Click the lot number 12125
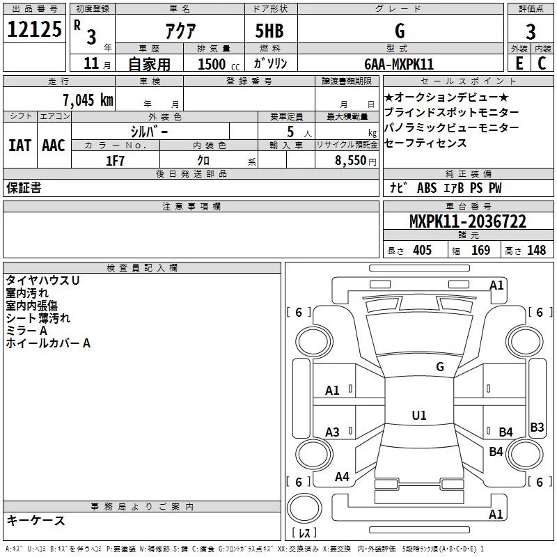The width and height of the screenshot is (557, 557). click(34, 29)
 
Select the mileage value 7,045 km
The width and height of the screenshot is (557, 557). click(88, 100)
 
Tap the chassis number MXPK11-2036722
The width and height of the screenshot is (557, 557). click(468, 221)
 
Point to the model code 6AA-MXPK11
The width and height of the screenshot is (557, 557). click(399, 64)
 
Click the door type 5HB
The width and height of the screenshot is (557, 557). click(269, 31)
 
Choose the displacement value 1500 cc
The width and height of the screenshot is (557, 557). click(219, 64)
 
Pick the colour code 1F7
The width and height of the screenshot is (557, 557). click(115, 161)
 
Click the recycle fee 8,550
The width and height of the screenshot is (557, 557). click(351, 161)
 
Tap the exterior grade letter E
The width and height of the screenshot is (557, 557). click(519, 63)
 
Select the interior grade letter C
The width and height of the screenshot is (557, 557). click(542, 63)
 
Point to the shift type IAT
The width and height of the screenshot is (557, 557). click(20, 146)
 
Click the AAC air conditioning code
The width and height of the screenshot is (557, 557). click(54, 146)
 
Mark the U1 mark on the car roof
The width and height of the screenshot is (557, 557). click(419, 415)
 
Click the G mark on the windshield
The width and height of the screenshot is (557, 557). click(440, 367)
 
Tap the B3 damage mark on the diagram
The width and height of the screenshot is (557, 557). click(537, 427)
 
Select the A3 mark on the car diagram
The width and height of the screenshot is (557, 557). click(332, 432)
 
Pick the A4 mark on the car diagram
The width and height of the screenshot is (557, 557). click(342, 477)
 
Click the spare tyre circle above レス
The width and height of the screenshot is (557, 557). click(304, 508)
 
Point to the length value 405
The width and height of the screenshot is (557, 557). click(422, 251)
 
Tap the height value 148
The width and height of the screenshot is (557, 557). click(536, 251)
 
